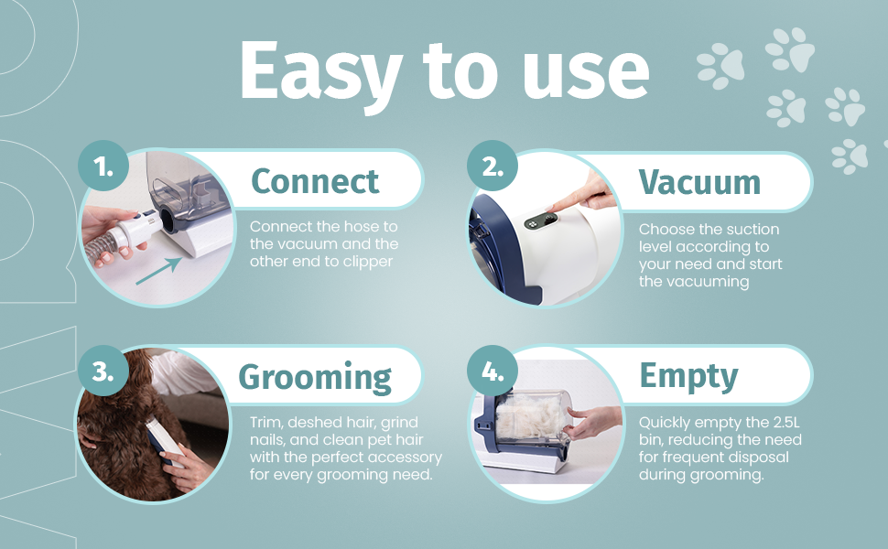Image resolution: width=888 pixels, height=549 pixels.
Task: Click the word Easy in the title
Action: (x=320, y=70)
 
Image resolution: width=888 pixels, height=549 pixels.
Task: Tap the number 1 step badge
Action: (x=103, y=167)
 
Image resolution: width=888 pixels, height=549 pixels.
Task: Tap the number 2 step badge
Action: (x=492, y=167)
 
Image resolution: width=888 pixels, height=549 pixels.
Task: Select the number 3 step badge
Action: (x=103, y=371)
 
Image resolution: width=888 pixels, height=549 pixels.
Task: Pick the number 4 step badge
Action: (x=492, y=371)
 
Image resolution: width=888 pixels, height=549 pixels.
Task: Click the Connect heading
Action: (x=315, y=181)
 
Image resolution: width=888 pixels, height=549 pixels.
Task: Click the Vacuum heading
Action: (x=699, y=181)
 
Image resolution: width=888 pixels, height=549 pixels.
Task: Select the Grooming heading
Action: (x=315, y=376)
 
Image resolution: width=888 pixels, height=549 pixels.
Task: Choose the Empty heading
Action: (x=688, y=376)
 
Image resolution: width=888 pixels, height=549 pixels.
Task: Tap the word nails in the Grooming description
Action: (x=268, y=440)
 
